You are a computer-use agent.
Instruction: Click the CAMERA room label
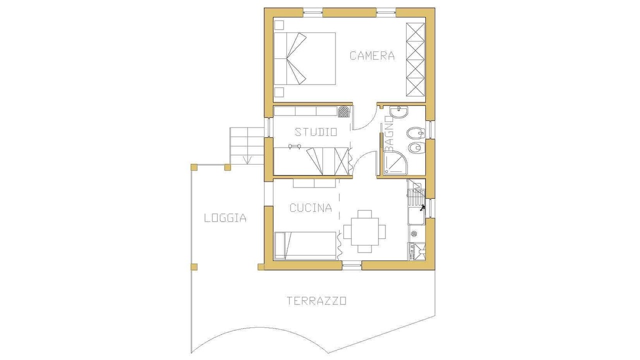tap(372, 55)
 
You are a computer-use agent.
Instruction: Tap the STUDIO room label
tap(315, 132)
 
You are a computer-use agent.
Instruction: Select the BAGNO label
tap(389, 134)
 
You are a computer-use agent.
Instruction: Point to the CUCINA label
tap(311, 207)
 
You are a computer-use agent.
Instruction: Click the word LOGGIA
tap(225, 218)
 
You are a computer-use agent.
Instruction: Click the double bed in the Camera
tap(304, 58)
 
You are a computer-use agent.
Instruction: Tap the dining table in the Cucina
tap(365, 231)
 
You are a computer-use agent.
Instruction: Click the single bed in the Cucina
tap(305, 245)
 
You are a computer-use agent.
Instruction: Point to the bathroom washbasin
tap(399, 112)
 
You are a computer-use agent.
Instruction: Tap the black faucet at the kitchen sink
tap(421, 208)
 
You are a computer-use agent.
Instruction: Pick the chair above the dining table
tap(365, 213)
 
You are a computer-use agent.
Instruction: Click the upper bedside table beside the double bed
tap(279, 25)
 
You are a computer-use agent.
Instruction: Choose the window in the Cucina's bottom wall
tap(352, 265)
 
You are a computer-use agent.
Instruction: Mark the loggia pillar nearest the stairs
tap(227, 167)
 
